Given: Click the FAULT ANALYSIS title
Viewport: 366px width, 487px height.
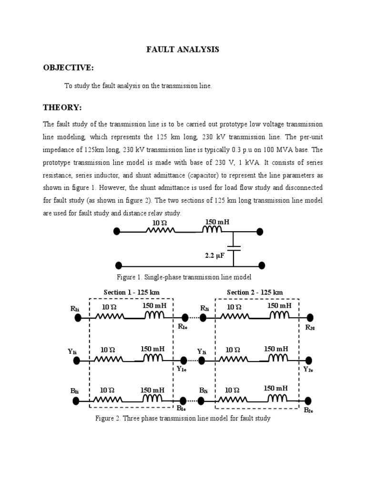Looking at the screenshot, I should tap(183, 49).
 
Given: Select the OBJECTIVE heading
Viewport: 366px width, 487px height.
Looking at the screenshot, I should tap(68, 68).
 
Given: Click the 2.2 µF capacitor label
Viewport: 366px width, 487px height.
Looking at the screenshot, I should tap(214, 255).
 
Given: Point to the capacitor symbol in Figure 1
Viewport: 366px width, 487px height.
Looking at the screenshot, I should tap(234, 248).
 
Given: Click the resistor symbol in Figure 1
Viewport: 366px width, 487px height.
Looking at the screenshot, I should tap(161, 231).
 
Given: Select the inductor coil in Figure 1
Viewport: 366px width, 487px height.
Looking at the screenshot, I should tap(213, 231).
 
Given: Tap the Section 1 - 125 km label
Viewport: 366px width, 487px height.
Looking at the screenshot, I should tap(132, 292).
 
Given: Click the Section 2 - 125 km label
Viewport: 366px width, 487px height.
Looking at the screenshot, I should tap(255, 292).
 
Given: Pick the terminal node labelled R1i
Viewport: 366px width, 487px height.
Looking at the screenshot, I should tap(77, 318).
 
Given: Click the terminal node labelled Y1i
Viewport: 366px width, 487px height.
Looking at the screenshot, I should tap(77, 360).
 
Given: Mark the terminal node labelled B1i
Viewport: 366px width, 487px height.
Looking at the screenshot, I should tap(77, 401).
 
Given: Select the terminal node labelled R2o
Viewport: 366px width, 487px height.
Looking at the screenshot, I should tap(310, 318).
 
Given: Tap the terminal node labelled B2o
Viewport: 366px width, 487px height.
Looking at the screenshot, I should tap(309, 400).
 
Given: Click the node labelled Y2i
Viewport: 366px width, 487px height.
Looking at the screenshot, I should tap(202, 360).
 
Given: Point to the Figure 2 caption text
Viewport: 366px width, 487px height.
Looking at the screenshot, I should tap(183, 419).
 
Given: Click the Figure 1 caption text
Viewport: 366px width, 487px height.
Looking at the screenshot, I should tap(184, 277).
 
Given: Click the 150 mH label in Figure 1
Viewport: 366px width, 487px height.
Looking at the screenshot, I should tap(217, 222).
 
